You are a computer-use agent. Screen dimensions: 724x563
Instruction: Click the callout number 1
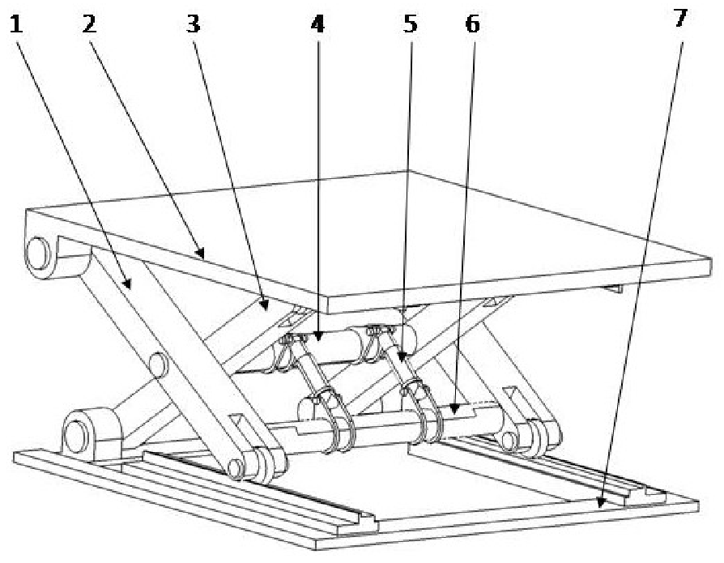click(x=16, y=24)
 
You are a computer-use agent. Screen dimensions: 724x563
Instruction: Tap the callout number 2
click(x=90, y=24)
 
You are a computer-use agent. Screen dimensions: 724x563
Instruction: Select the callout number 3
click(x=194, y=24)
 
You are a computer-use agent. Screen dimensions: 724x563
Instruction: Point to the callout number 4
click(x=317, y=24)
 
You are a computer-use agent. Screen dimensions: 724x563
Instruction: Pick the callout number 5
click(x=411, y=24)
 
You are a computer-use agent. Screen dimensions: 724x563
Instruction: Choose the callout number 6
click(x=472, y=24)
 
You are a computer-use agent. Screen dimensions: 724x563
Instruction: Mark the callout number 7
click(x=680, y=18)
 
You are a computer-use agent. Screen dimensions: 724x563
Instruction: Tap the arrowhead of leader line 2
click(x=200, y=253)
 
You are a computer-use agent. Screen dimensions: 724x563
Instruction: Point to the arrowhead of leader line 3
click(x=265, y=305)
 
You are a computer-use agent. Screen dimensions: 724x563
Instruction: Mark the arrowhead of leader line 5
click(x=402, y=356)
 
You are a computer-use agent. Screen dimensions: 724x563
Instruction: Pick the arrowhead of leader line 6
click(x=454, y=407)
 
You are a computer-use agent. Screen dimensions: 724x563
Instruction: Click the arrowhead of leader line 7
click(x=601, y=502)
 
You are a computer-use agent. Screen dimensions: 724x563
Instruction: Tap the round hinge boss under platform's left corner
click(x=39, y=254)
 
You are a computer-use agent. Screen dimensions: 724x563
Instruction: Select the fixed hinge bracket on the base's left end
click(x=91, y=434)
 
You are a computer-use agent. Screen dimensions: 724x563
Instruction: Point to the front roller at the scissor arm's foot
click(x=236, y=468)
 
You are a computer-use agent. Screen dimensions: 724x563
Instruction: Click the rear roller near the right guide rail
click(x=509, y=441)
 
